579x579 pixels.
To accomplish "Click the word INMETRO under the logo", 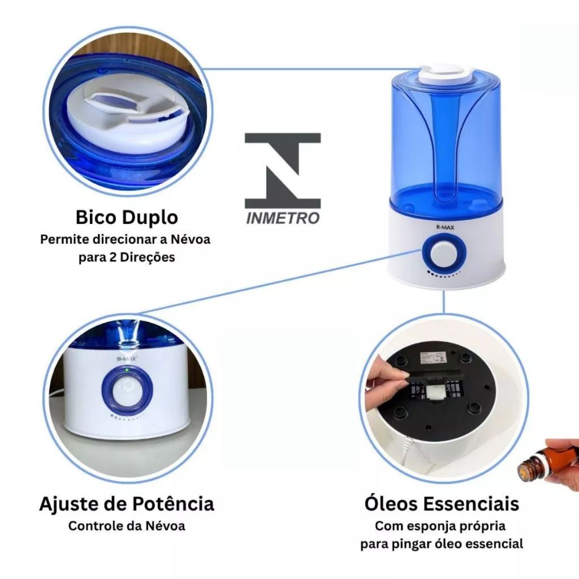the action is click(x=283, y=218).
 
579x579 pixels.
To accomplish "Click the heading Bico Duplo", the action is click(x=127, y=217).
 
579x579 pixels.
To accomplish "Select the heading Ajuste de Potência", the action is click(x=127, y=504).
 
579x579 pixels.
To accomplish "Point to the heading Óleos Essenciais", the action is click(x=442, y=504).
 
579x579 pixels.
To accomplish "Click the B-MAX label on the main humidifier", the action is click(x=446, y=227).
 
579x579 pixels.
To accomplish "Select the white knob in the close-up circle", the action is click(x=127, y=392).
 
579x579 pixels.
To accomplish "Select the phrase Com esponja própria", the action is click(x=440, y=526).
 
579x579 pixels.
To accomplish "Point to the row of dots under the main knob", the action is click(x=444, y=274).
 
